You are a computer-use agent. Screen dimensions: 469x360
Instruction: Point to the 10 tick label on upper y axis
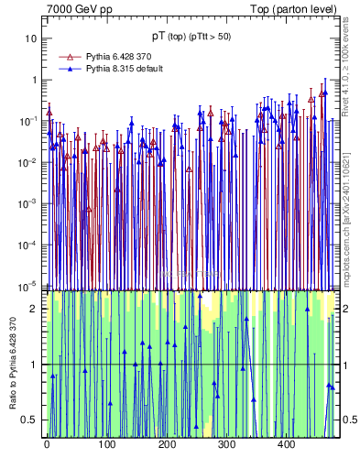32,38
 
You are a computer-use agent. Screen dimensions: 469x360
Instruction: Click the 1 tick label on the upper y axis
35,80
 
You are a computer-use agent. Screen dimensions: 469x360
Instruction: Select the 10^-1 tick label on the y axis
30,121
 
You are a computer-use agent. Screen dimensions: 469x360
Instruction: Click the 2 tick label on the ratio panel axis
35,309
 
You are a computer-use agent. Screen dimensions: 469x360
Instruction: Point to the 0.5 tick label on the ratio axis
31,420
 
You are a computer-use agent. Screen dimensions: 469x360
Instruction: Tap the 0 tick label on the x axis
47,444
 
